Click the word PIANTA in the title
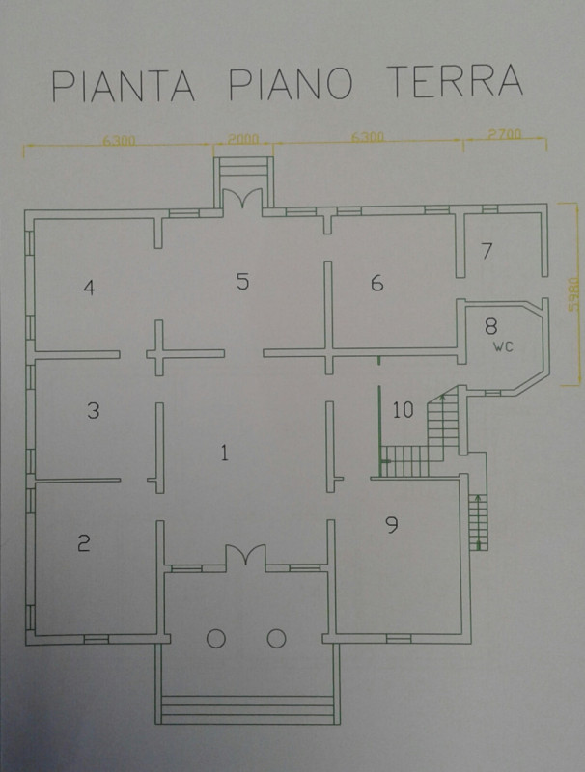pyautogui.click(x=124, y=86)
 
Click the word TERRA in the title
pyautogui.click(x=455, y=80)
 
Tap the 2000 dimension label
pyautogui.click(x=242, y=139)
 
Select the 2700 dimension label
pyautogui.click(x=504, y=134)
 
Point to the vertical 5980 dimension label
pyautogui.click(x=571, y=294)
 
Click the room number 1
pyautogui.click(x=225, y=453)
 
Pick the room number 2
pyautogui.click(x=84, y=543)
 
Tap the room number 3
pyautogui.click(x=93, y=410)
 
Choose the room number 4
pyautogui.click(x=89, y=288)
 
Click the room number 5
pyautogui.click(x=242, y=281)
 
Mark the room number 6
pyautogui.click(x=376, y=283)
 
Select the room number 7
pyautogui.click(x=487, y=251)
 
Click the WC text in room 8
pyautogui.click(x=503, y=346)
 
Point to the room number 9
pyautogui.click(x=392, y=525)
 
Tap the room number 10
pyautogui.click(x=404, y=409)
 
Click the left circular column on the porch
pyautogui.click(x=216, y=639)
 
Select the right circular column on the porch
pyautogui.click(x=277, y=639)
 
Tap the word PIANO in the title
pyautogui.click(x=291, y=83)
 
